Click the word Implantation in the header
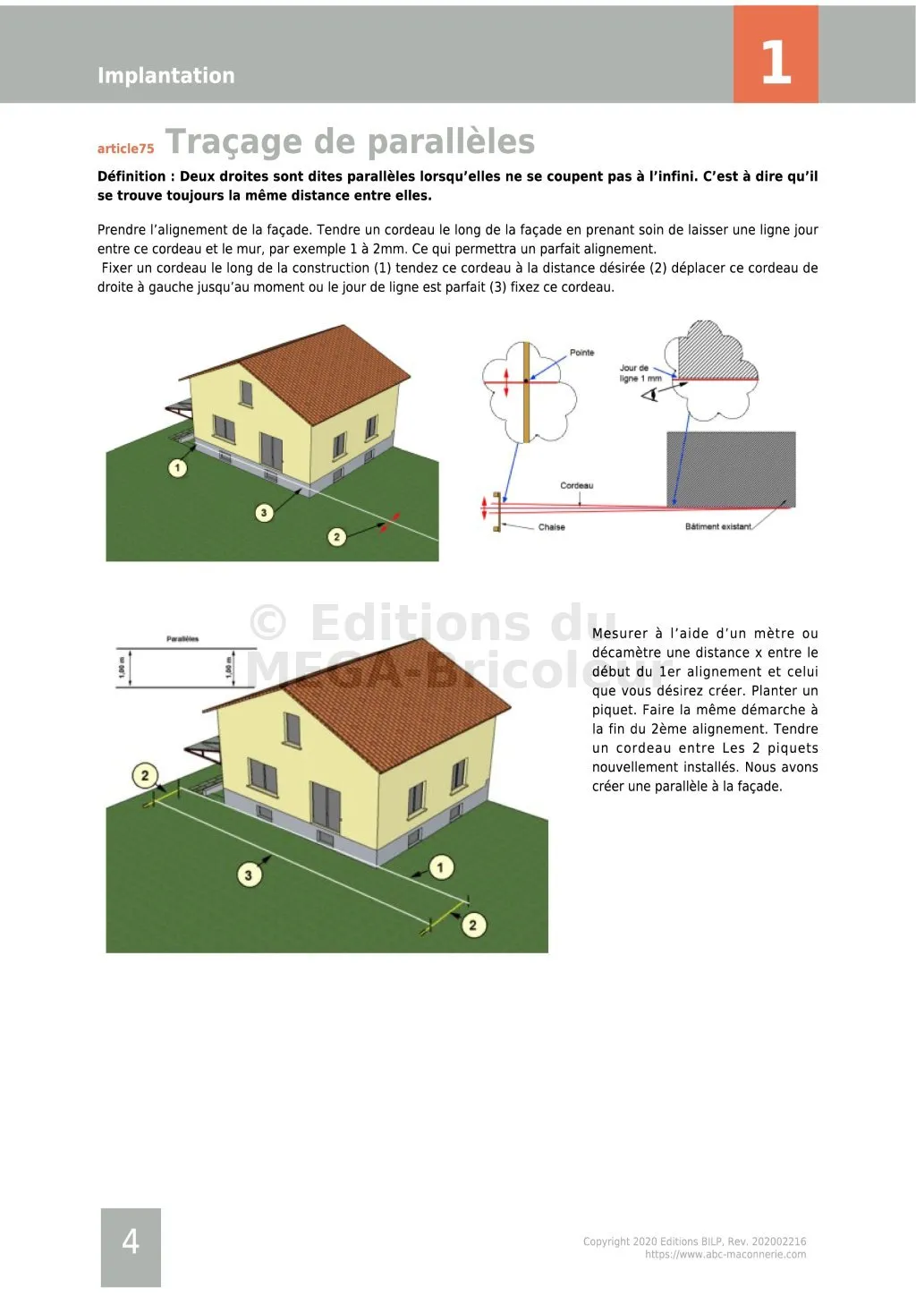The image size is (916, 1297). [x=165, y=75]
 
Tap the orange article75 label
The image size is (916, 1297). [x=125, y=149]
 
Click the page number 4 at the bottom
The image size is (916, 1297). [x=131, y=1242]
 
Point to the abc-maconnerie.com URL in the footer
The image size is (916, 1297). [x=725, y=1254]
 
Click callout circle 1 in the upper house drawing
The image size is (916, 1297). [x=178, y=467]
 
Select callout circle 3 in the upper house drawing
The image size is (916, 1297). [x=264, y=513]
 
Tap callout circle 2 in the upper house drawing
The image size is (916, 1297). [x=336, y=537]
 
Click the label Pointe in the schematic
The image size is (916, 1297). [x=581, y=353]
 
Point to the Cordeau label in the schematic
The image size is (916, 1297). [x=576, y=486]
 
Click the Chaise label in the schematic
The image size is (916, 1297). [x=551, y=527]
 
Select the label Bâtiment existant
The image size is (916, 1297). [x=717, y=526]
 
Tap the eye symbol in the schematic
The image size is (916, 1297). [x=649, y=394]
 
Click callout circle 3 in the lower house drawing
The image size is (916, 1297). [x=249, y=875]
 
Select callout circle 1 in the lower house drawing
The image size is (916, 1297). [x=440, y=867]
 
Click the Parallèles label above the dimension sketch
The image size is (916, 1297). [x=182, y=639]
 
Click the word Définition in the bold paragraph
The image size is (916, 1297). [x=131, y=176]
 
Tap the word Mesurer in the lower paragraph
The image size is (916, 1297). [x=619, y=634]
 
